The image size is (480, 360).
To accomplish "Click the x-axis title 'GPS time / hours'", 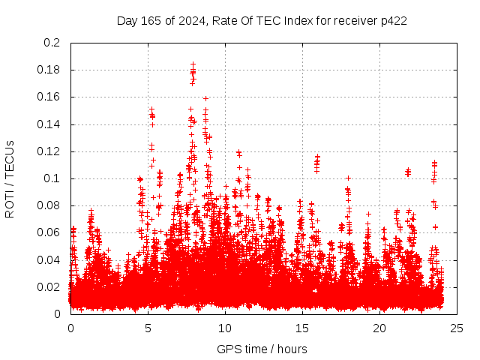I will point(262,349).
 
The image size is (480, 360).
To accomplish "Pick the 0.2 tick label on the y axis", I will point(52,43).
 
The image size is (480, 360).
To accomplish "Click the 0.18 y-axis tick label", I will point(49,70).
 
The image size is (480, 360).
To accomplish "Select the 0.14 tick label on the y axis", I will point(49,124).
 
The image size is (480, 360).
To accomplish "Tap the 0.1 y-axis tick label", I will point(52,178).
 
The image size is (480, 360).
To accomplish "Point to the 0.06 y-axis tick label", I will point(49,232).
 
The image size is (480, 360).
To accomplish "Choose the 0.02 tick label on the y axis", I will point(49,286).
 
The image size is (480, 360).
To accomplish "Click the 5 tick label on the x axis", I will point(148,328).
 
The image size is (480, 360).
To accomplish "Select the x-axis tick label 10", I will point(225,328).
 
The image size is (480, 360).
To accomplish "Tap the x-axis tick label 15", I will point(302,328).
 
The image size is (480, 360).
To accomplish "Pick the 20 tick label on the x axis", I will point(379,328).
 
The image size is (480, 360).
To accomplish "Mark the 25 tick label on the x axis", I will point(457,328).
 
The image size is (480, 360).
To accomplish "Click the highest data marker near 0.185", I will point(193,64).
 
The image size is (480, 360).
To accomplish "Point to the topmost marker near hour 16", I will point(317,157).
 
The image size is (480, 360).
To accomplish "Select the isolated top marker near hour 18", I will point(348,178).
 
